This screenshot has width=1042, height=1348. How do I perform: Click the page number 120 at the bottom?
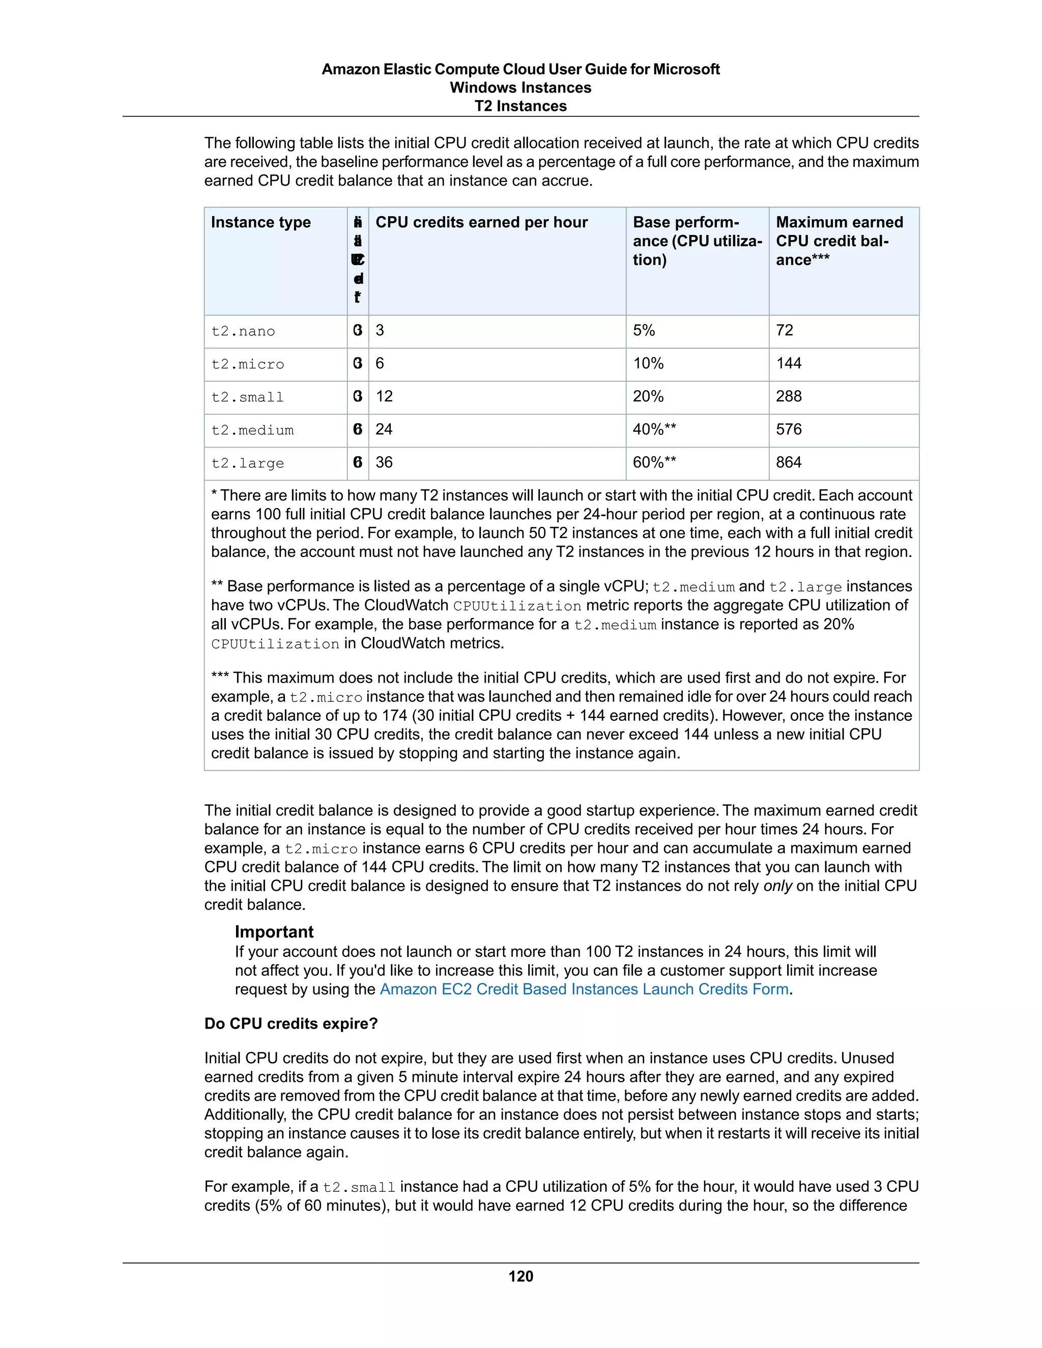point(520,1276)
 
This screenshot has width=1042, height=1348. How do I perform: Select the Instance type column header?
point(260,222)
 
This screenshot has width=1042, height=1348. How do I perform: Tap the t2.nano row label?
point(243,332)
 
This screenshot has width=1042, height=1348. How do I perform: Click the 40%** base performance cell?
point(654,429)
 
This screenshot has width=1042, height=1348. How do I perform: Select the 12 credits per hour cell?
point(384,396)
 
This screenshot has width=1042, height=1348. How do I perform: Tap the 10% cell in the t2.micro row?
point(648,364)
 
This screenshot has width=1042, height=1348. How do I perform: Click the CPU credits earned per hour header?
point(481,222)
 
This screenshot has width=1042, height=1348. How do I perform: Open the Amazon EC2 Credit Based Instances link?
point(584,989)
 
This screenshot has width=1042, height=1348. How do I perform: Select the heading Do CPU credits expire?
point(291,1023)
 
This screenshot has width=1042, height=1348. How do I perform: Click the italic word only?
point(777,886)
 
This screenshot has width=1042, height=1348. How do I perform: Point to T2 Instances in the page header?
point(520,106)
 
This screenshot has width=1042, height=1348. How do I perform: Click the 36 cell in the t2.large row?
point(384,462)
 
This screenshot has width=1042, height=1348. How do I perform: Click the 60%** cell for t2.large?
point(654,462)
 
